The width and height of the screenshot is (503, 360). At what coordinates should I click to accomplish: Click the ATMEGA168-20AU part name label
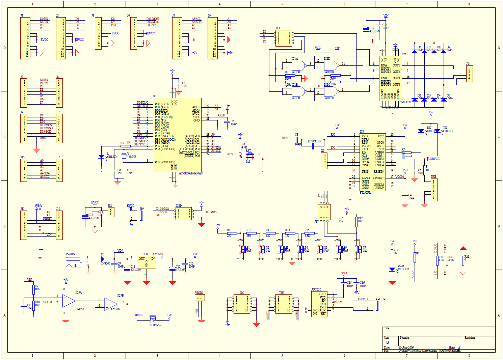(191, 173)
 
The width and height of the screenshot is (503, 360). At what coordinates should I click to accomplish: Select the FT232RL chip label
(365, 193)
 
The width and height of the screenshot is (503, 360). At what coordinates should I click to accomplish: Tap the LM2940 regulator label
(158, 254)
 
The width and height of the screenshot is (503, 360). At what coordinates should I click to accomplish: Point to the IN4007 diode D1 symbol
(102, 259)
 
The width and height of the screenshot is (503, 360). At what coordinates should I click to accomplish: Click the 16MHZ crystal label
(132, 157)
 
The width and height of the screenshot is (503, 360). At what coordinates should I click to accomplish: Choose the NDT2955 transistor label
(155, 325)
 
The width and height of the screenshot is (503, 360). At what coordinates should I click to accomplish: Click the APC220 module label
(316, 289)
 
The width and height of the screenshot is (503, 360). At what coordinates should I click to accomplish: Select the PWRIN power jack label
(70, 254)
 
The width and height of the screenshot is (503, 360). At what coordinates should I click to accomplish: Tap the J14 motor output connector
(469, 74)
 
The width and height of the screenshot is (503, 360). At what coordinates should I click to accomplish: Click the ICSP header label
(179, 205)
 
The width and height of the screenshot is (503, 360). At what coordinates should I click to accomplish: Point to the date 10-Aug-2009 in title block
(406, 347)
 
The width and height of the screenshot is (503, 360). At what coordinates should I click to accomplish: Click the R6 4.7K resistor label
(244, 146)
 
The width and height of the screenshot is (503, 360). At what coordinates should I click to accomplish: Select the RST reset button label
(248, 151)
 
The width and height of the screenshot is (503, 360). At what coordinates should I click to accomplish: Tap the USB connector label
(433, 176)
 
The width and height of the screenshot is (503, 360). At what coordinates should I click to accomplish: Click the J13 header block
(284, 38)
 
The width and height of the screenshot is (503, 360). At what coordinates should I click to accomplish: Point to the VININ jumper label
(199, 293)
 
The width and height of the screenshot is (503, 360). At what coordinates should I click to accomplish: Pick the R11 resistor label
(229, 230)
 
